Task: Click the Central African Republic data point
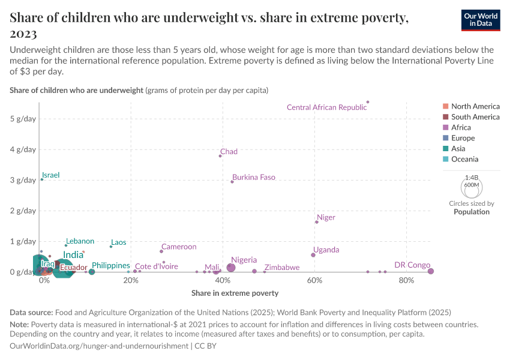tap(368, 102)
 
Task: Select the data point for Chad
tap(220, 156)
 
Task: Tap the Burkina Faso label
tap(254, 178)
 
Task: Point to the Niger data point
tap(317, 222)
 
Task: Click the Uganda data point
tap(313, 255)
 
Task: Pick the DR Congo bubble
tap(431, 271)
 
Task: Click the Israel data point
tap(41, 179)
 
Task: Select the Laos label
tap(119, 242)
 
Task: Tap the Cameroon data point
tap(161, 251)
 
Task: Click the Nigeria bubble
tap(231, 268)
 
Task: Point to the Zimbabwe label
tap(282, 268)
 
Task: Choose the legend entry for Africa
tap(461, 128)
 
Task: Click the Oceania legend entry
tap(465, 160)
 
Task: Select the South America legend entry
tap(475, 117)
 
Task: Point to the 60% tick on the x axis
tap(315, 281)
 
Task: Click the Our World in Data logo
tap(481, 19)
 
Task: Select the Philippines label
tap(111, 265)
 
